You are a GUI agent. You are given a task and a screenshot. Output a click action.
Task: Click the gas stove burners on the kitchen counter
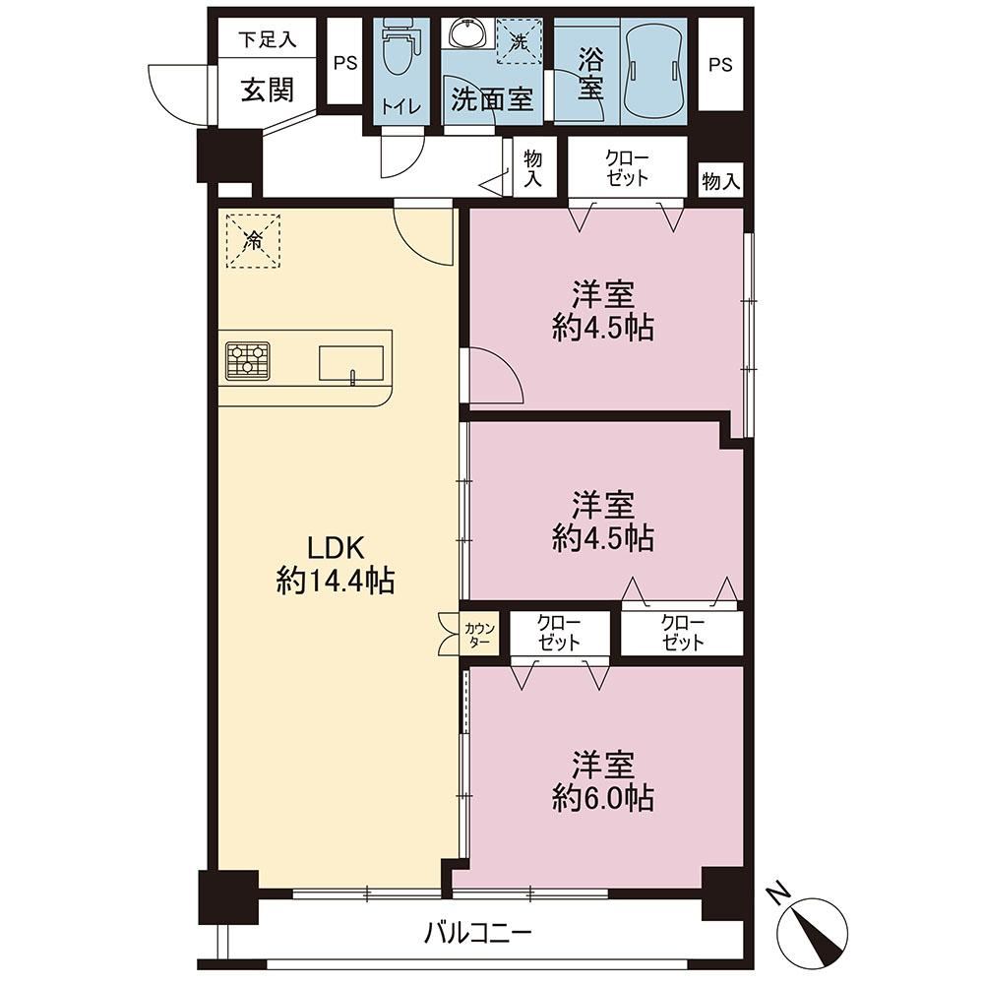click(248, 360)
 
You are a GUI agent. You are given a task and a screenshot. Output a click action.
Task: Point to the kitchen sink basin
click(351, 363)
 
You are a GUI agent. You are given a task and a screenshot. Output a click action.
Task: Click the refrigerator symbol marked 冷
click(253, 240)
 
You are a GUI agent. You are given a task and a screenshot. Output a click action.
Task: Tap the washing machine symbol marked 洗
click(520, 41)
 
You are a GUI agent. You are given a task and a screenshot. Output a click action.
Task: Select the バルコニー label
click(477, 933)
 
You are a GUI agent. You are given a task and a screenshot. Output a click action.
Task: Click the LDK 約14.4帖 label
click(336, 565)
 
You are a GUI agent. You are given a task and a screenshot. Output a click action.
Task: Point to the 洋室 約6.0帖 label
click(603, 781)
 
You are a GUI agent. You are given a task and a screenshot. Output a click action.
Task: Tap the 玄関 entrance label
click(268, 91)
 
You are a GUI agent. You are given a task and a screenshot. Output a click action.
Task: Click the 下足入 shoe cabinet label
click(267, 39)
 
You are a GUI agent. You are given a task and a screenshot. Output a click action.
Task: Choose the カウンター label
click(480, 635)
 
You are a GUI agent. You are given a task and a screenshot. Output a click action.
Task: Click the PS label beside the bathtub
click(720, 65)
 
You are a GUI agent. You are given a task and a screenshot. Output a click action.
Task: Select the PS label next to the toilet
click(345, 63)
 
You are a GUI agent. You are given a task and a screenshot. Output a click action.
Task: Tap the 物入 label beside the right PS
click(721, 182)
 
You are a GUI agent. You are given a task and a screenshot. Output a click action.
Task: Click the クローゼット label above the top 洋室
click(627, 168)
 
